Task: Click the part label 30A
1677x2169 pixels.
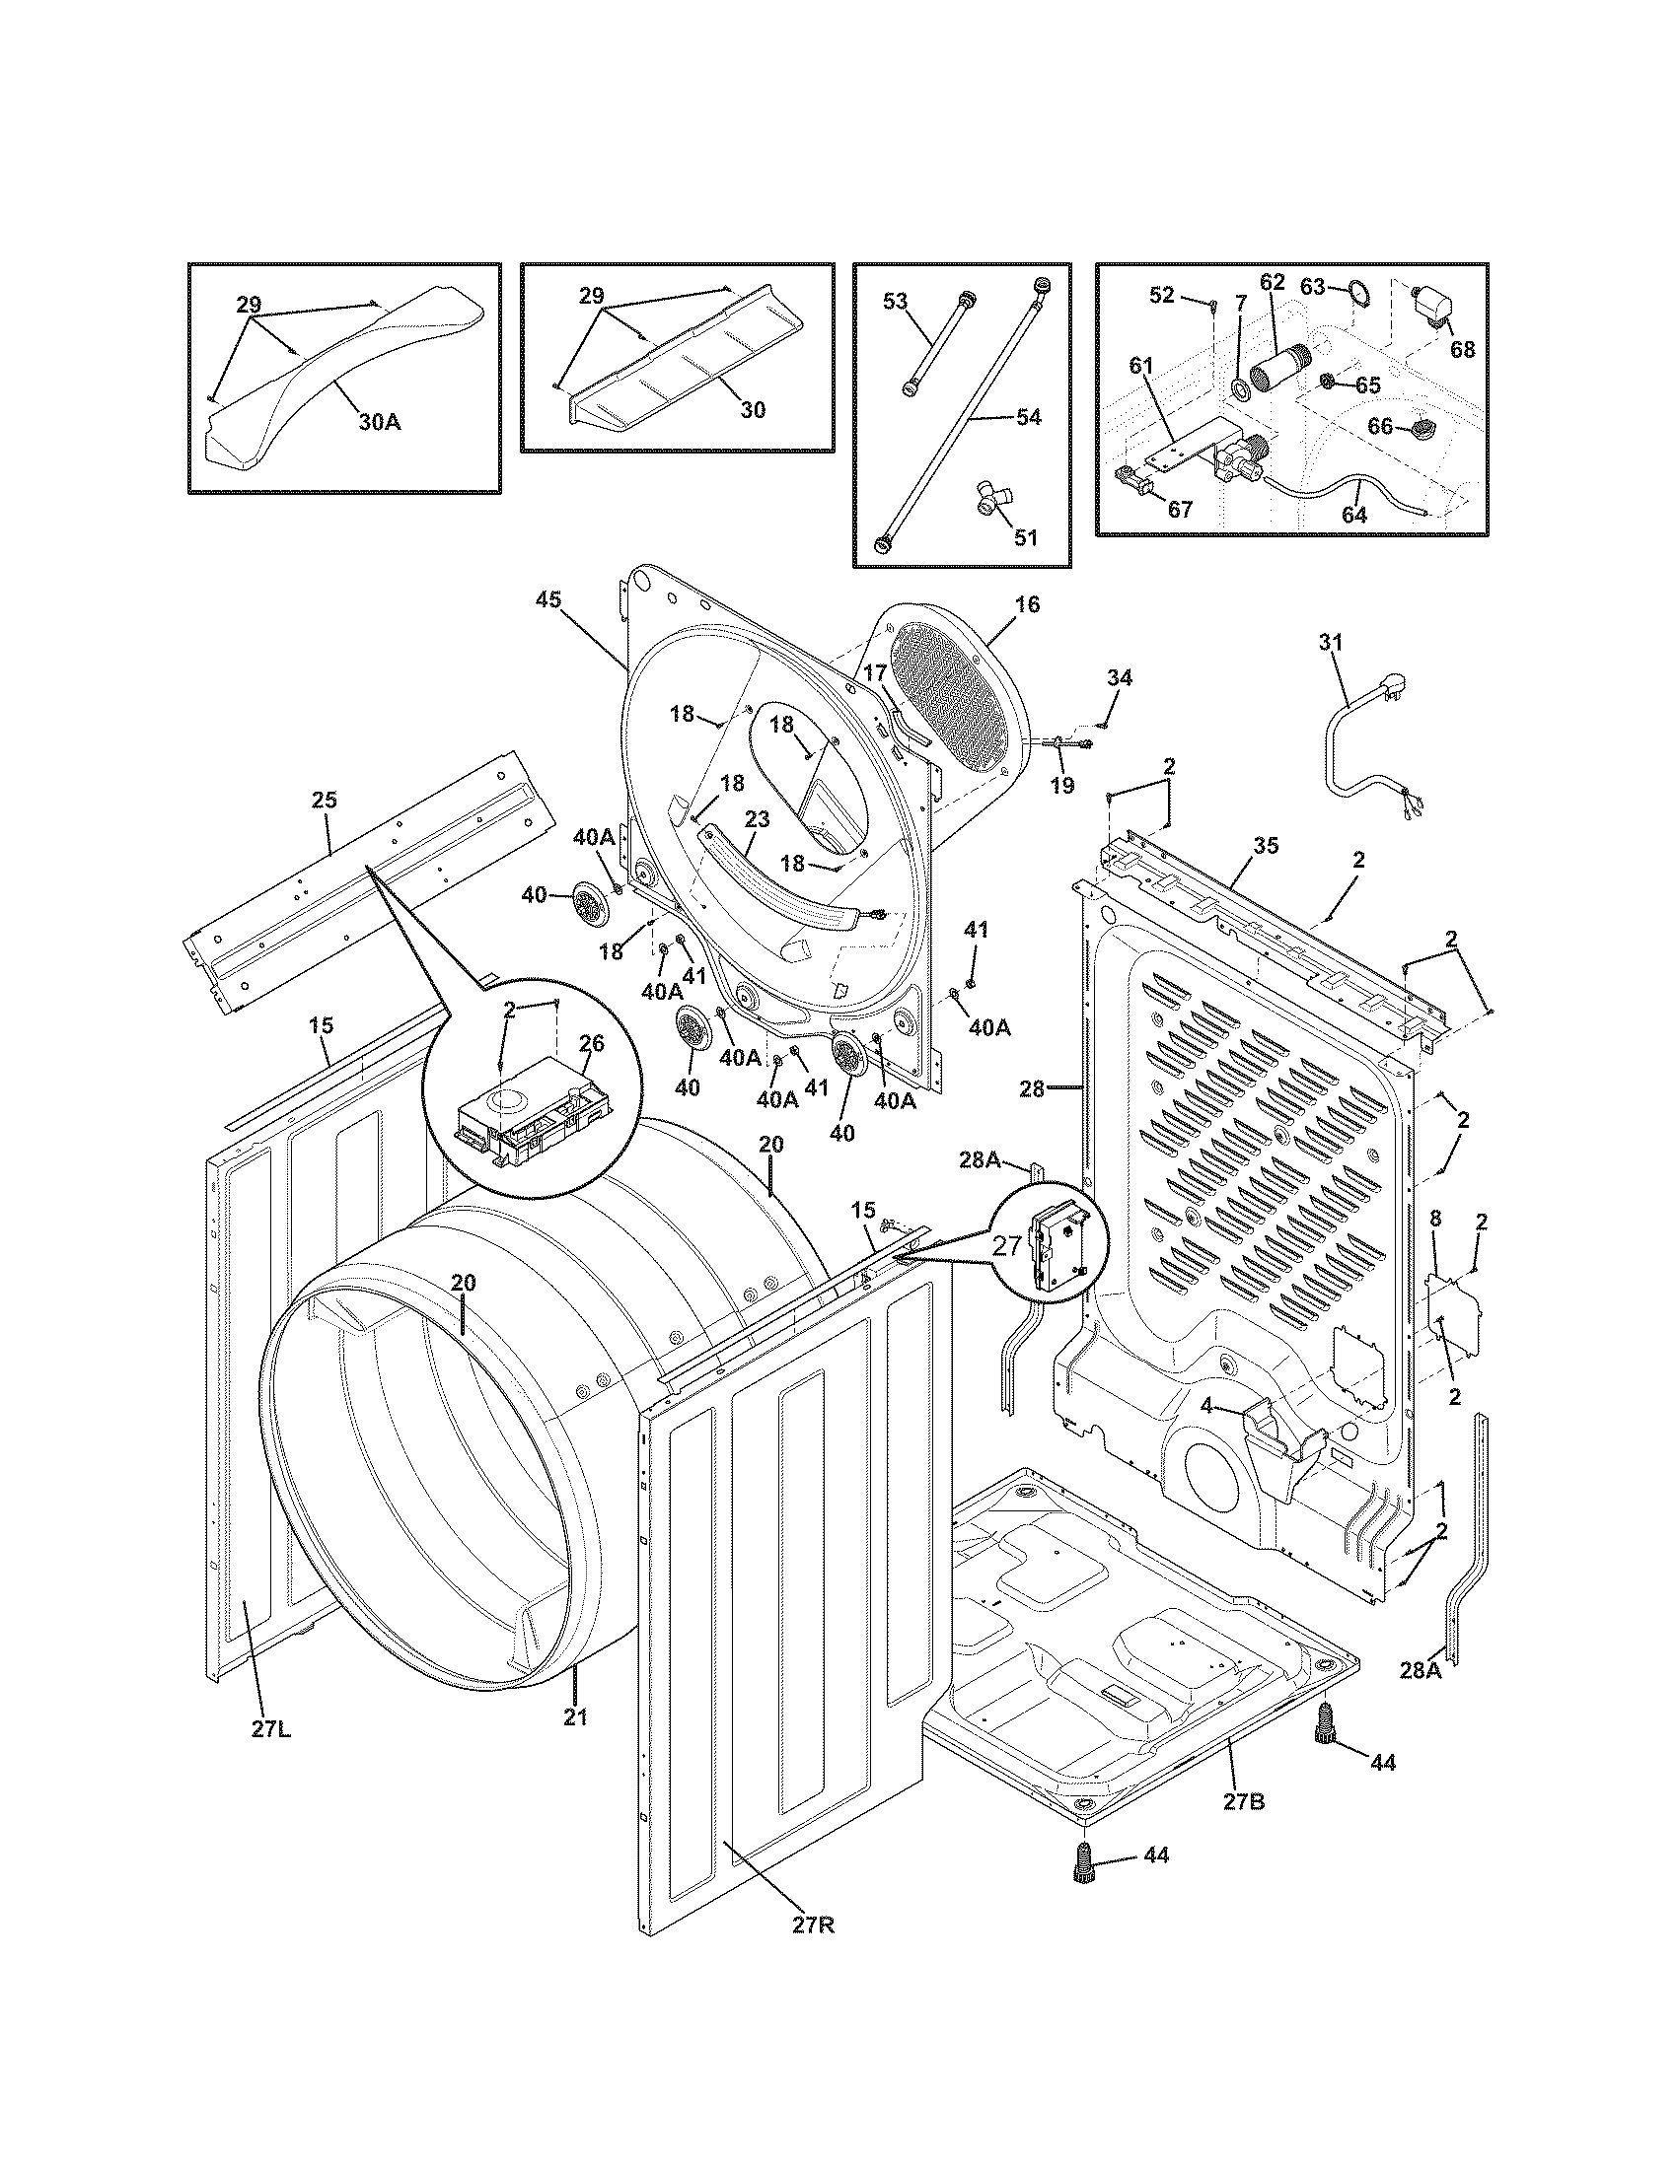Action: [x=380, y=422]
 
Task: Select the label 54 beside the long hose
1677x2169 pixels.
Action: [x=1028, y=418]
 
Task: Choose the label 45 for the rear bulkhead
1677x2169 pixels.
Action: [x=548, y=599]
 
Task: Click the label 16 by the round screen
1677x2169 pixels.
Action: [x=1027, y=603]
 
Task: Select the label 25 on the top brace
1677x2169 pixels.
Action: [x=324, y=800]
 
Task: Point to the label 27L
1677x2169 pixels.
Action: [x=270, y=1729]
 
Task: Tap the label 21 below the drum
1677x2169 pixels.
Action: [x=576, y=1716]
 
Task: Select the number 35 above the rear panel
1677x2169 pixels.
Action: [x=1266, y=846]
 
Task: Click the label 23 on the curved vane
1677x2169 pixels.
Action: [x=757, y=820]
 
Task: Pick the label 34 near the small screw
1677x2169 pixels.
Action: [x=1119, y=678]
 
